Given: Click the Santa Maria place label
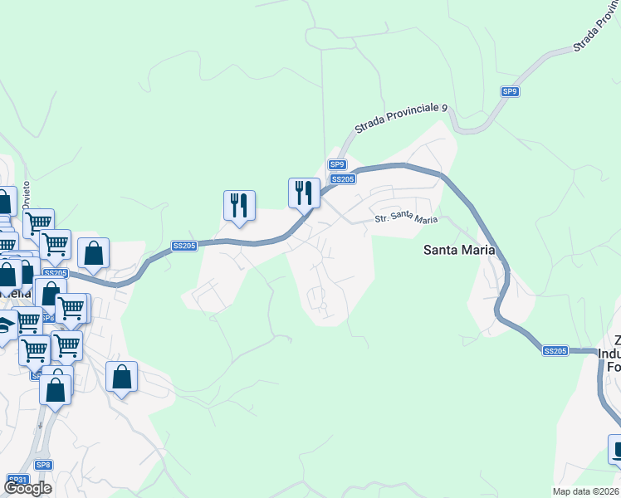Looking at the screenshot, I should [459, 249].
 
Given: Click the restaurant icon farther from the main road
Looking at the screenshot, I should [239, 206].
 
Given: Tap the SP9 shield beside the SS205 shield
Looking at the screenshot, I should [336, 164].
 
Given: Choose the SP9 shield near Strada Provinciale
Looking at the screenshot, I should [510, 91].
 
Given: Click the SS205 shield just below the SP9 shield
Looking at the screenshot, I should [343, 178].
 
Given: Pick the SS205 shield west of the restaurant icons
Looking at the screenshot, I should [184, 246].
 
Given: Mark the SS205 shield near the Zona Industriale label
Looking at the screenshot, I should [555, 351].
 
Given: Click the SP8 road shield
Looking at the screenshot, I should [43, 466].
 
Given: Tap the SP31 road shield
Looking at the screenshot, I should [17, 479].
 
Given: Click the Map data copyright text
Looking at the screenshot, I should [586, 491].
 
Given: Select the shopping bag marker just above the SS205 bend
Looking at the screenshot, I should [94, 253].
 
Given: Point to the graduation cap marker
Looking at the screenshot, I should [5, 325].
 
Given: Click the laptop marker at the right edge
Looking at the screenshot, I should [617, 449].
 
